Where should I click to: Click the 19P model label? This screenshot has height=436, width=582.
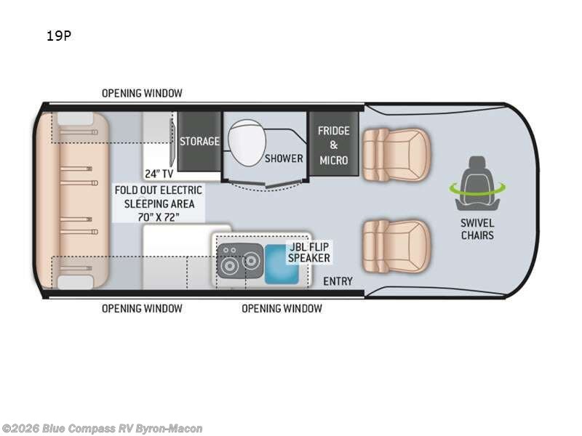tap(58, 35)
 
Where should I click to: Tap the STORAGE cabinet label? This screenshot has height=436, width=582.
tap(199, 141)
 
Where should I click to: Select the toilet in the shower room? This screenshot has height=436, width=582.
tap(244, 141)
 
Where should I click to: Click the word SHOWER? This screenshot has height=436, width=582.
tap(284, 158)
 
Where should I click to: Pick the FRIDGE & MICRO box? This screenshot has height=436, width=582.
tap(333, 145)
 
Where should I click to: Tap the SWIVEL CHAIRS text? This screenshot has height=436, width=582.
tap(477, 229)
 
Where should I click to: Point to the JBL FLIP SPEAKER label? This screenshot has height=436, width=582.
tap(309, 252)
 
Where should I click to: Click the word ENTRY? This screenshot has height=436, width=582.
tap(338, 281)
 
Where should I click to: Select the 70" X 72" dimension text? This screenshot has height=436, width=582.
tap(158, 217)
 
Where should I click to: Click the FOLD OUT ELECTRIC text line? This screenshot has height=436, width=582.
tap(158, 190)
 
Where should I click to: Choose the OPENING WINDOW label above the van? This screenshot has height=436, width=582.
tap(142, 93)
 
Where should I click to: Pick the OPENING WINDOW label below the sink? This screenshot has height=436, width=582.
tap(282, 308)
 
